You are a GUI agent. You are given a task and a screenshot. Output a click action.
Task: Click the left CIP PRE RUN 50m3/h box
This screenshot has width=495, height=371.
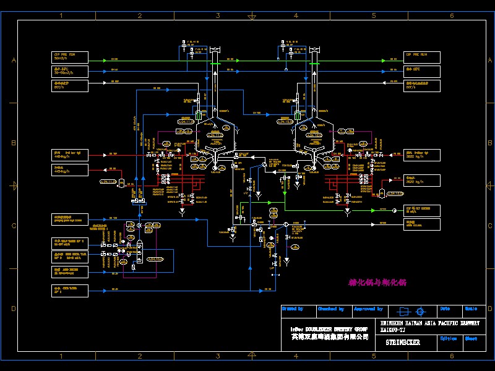tap(70, 58)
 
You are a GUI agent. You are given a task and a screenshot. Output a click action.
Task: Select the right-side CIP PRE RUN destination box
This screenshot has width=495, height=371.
tap(422, 58)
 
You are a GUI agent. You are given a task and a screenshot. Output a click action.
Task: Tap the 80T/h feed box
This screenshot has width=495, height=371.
tap(70, 85)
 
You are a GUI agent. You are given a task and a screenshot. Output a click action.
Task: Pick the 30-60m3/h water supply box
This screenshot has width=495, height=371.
tap(70, 71)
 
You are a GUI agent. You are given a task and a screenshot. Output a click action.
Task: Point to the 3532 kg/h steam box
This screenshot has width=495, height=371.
tap(422, 155)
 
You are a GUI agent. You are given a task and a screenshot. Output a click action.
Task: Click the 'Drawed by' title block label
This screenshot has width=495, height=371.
tap(292, 309)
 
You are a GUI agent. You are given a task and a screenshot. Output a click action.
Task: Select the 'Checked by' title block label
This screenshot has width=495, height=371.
tap(330, 309)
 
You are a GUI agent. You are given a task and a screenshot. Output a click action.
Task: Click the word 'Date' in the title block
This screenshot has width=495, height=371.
tap(445, 309)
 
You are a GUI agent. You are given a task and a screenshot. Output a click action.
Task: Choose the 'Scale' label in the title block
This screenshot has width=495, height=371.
tap(471, 309)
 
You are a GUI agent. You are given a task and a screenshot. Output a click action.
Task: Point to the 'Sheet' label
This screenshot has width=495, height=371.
tap(471, 338)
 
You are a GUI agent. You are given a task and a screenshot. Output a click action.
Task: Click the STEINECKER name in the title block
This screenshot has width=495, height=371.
tap(403, 343)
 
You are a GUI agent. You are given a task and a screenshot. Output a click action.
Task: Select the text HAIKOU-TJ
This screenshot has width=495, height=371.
tap(394, 330)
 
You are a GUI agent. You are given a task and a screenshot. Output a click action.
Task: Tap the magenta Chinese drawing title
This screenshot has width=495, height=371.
tap(377, 283)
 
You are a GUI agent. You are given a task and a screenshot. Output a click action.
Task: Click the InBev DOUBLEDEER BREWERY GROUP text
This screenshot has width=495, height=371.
tap(329, 329)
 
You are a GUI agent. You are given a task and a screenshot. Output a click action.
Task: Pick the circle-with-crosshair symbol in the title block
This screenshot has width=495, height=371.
tap(421, 312)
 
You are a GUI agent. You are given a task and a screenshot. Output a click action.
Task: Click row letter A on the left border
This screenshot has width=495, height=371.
tap(13, 60)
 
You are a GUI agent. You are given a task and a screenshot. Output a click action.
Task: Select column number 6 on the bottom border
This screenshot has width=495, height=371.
tap(452, 356)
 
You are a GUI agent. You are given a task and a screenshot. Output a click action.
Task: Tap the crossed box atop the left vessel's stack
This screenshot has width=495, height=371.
tap(216, 49)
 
